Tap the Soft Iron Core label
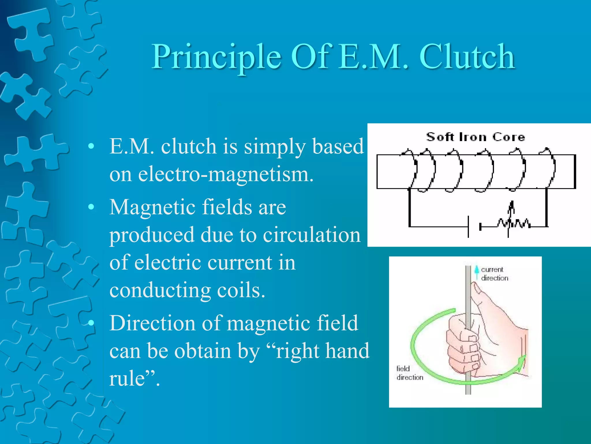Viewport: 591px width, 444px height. (476, 137)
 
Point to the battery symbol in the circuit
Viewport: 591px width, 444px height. (474, 227)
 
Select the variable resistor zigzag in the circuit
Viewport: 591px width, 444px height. (514, 223)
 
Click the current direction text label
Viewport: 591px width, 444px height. (494, 273)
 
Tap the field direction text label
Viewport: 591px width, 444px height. (409, 373)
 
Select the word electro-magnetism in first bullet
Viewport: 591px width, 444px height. (226, 175)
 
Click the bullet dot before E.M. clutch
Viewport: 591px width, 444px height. (91, 147)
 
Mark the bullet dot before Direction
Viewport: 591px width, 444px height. (91, 323)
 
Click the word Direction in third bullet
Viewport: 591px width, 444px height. (152, 323)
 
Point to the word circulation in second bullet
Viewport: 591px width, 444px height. (312, 235)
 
